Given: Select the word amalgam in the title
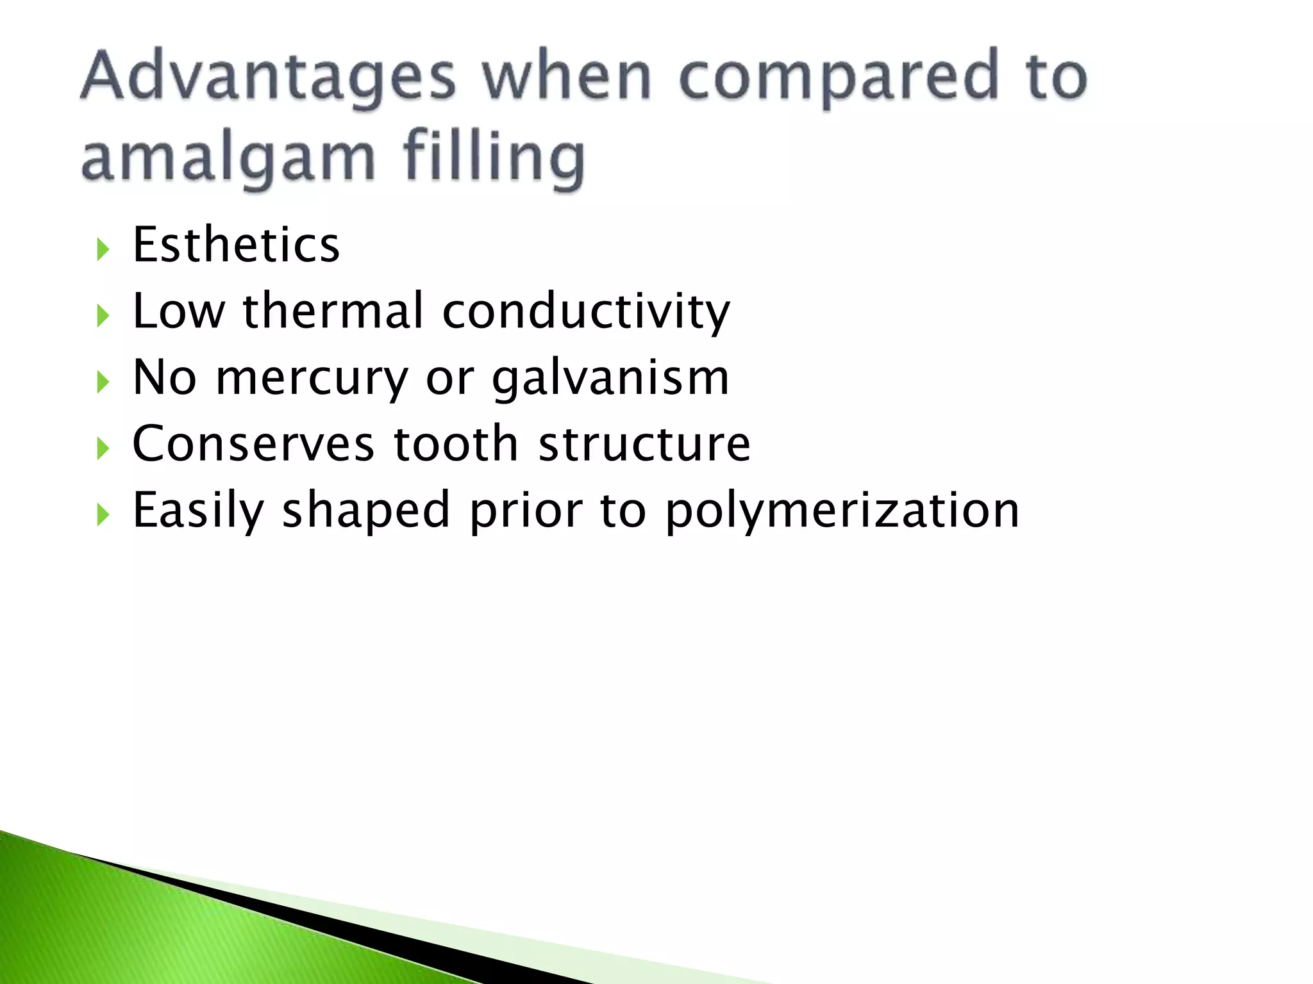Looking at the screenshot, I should click(228, 159).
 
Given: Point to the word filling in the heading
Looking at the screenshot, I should click(494, 159).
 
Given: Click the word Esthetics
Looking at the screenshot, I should click(236, 245).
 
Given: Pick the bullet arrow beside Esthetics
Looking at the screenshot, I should click(103, 249).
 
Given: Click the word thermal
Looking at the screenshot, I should click(333, 311).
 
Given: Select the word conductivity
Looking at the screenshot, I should click(586, 313).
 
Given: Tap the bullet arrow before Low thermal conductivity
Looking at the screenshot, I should click(103, 316).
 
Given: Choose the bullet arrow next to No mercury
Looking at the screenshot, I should click(103, 382).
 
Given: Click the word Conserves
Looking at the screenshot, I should click(253, 443).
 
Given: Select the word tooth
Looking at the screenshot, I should click(455, 443).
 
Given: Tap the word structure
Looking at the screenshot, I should click(644, 443).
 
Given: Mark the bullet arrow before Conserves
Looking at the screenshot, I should click(103, 448).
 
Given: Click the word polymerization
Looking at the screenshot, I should click(842, 511).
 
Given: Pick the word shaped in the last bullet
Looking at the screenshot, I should click(366, 511).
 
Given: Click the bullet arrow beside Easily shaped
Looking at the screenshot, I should click(103, 514).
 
